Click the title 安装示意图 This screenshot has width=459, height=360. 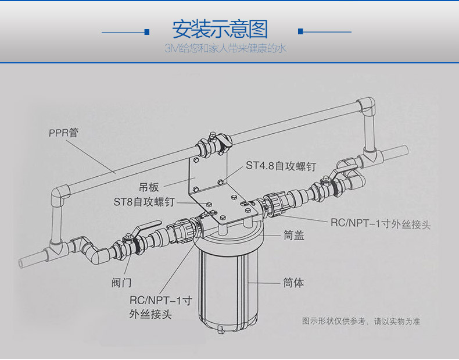(x=220, y=29)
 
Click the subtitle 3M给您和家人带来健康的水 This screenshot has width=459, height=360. (x=225, y=48)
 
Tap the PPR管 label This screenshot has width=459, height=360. (x=63, y=133)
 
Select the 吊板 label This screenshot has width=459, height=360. (x=149, y=187)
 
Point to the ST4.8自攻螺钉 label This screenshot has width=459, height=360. (x=281, y=166)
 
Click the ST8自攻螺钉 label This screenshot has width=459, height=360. (x=144, y=202)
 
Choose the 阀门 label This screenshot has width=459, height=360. (x=121, y=283)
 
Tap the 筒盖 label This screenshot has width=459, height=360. (x=294, y=235)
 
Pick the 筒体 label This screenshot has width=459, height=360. (x=293, y=283)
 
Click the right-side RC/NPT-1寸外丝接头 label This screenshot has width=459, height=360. (x=381, y=224)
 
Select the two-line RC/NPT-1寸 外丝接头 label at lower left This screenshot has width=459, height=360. (x=161, y=307)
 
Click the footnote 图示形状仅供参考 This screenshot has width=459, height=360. (x=334, y=322)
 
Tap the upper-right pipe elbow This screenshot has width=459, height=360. (x=366, y=105)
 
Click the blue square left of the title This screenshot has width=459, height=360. (x=147, y=32)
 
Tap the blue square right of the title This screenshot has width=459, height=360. (x=300, y=31)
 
